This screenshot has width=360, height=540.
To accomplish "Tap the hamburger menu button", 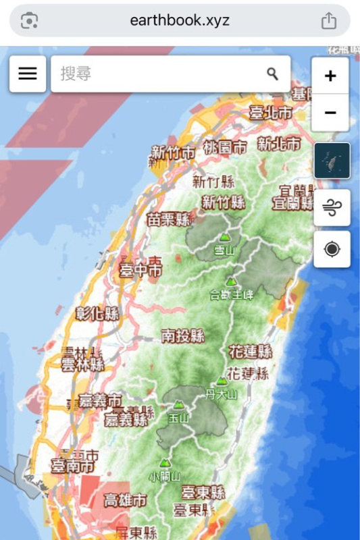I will pyautogui.click(x=28, y=74).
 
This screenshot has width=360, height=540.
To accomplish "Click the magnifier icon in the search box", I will pyautogui.click(x=272, y=74).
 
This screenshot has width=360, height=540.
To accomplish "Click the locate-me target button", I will pyautogui.click(x=332, y=249).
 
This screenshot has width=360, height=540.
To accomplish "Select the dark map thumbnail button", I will pyautogui.click(x=332, y=161).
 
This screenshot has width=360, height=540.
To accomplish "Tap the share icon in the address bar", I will pyautogui.click(x=328, y=21).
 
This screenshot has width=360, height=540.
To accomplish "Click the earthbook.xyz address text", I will pyautogui.click(x=180, y=20).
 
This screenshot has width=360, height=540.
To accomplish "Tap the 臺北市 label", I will pyautogui.click(x=270, y=113).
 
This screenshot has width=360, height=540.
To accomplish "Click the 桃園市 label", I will pyautogui.click(x=225, y=146).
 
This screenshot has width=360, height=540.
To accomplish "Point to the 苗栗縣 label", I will pyautogui.click(x=169, y=219).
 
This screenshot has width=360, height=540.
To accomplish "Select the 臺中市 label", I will pyautogui.click(x=140, y=269).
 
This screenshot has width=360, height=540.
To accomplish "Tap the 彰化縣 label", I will pyautogui.click(x=97, y=313).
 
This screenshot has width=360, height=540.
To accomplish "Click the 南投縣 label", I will pyautogui.click(x=183, y=335).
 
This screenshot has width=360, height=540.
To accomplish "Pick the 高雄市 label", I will pyautogui.click(x=125, y=500).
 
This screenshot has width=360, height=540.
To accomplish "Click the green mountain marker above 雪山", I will pyautogui.click(x=224, y=238).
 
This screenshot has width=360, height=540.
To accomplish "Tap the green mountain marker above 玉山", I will pyautogui.click(x=178, y=404).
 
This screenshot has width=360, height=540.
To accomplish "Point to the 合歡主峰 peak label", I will pyautogui.click(x=232, y=294).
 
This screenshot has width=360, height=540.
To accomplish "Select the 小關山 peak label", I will pyautogui.click(x=165, y=477).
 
